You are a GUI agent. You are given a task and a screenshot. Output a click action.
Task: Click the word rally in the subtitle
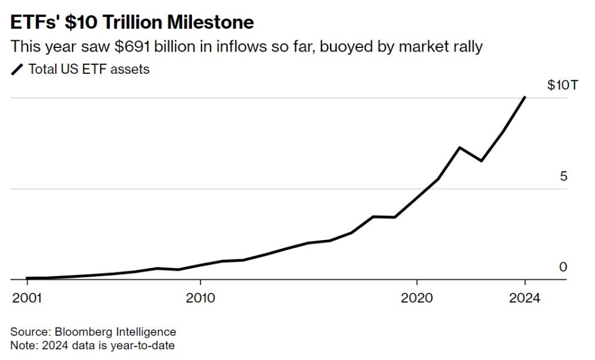pos(466,46)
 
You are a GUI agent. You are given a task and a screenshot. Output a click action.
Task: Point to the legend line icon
pos(17,70)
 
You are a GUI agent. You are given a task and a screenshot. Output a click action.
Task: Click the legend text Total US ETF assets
pos(89,70)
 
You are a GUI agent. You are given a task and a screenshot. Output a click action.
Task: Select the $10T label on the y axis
pos(562,85)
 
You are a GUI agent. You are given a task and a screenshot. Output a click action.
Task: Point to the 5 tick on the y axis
pos(563,176)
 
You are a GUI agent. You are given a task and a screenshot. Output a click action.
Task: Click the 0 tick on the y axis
pos(563,267)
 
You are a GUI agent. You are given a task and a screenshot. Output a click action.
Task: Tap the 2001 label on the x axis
pos(27,298)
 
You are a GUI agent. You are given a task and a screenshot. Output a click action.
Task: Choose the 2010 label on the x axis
pos(200,298)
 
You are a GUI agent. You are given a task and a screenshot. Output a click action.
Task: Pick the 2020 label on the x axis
pos(417,298)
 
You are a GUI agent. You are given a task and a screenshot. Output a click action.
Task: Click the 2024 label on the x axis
pos(525,298)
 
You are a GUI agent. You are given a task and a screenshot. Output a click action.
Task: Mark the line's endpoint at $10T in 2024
pos(525,97)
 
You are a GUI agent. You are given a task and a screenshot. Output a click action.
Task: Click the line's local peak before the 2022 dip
pos(459,147)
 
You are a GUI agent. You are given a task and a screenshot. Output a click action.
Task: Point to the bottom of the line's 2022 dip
pos(481,161)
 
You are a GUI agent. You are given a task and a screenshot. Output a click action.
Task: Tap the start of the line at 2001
pos(27,278)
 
